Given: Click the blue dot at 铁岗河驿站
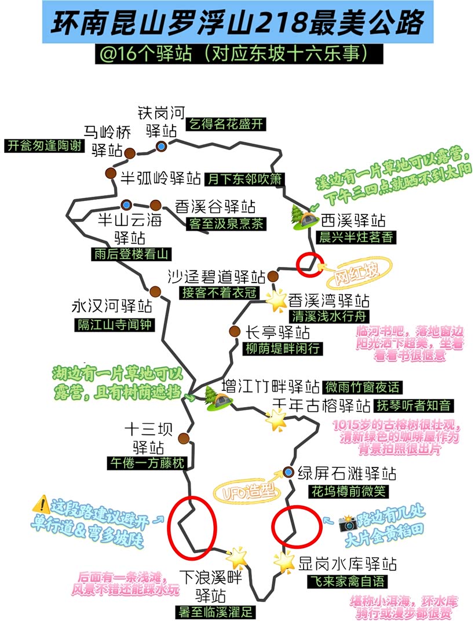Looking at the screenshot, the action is [161, 146].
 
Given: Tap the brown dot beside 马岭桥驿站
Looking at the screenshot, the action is [130, 153].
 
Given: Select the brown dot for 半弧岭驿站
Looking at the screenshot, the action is [111, 174].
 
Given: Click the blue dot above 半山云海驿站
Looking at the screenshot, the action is [126, 205].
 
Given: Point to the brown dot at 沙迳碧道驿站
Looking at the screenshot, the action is [273, 276].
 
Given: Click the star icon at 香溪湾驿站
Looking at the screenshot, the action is [277, 301].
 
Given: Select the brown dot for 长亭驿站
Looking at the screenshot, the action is [234, 331].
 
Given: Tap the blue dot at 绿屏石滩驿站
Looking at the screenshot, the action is [288, 472].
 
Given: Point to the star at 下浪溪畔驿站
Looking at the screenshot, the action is [236, 557].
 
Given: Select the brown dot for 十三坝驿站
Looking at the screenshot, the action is [184, 438].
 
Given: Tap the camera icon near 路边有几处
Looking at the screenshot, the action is [348, 523].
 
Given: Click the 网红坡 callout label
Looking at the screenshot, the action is [358, 273].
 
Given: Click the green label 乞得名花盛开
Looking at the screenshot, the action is [226, 124].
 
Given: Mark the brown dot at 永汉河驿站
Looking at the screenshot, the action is [155, 291].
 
